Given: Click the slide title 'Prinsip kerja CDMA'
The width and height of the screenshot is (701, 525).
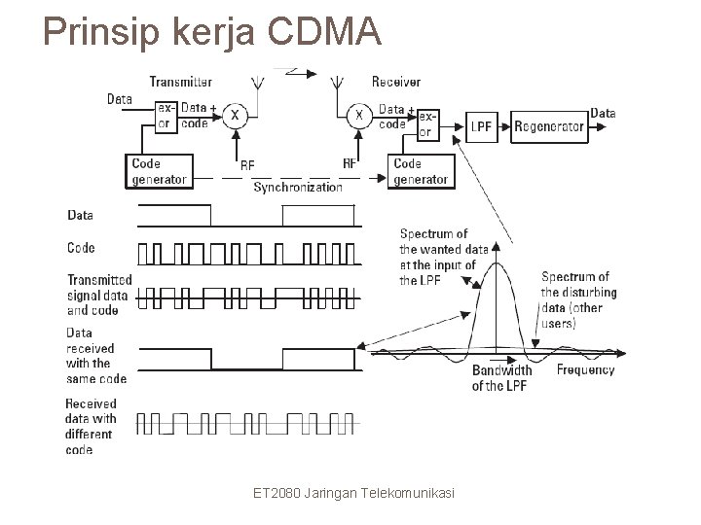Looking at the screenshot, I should point(212,33).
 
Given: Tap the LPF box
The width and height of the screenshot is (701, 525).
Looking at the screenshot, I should point(481,126).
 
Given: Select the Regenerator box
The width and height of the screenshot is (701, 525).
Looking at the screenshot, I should point(549,126).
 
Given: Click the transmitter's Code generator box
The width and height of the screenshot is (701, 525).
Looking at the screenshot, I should point(158,171).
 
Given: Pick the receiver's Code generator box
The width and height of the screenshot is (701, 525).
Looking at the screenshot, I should point(421,171).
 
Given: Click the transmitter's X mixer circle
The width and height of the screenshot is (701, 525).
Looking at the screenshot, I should point(235,116).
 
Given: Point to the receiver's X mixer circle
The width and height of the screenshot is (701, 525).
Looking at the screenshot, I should point(359,116).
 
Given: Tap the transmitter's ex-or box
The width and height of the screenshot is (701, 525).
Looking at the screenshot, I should point(166,116).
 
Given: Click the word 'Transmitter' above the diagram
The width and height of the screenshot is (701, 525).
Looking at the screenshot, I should point(181,81).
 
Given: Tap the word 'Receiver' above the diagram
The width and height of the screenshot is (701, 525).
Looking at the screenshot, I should point(396,81).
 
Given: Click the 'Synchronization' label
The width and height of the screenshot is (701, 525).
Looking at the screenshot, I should point(298,187).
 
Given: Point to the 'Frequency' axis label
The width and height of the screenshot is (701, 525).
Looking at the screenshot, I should point(585,369).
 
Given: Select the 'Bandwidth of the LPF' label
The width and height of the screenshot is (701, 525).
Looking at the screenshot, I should point(501,378).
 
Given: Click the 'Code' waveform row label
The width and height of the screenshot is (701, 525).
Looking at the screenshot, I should point(81,249).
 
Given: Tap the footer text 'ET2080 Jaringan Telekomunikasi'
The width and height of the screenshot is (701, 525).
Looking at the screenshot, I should point(353,494).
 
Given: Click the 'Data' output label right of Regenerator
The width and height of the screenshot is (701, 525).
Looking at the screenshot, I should point(603,113).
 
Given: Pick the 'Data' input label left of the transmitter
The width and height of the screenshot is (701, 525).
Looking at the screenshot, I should point(119,98).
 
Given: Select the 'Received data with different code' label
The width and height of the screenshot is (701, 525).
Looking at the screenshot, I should point(91,427).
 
